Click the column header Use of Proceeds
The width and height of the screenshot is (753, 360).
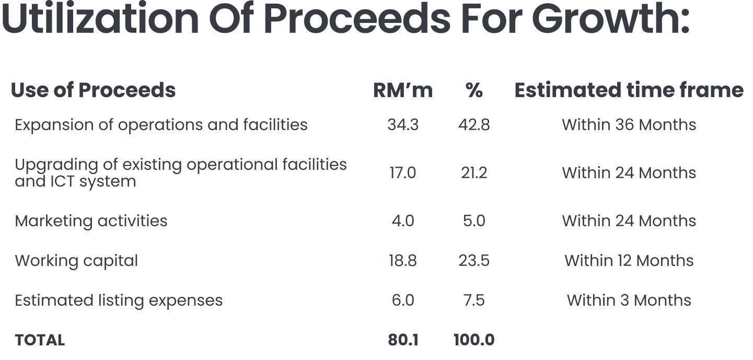pyautogui.click(x=93, y=90)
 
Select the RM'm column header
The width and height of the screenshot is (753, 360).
pyautogui.click(x=402, y=90)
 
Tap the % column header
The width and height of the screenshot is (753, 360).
pyautogui.click(x=474, y=90)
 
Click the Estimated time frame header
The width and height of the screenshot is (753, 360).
pyautogui.click(x=629, y=90)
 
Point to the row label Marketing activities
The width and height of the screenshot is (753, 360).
pyautogui.click(x=91, y=221)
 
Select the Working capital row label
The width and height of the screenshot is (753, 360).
pyautogui.click(x=76, y=261)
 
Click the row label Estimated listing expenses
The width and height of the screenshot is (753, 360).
pyautogui.click(x=119, y=300)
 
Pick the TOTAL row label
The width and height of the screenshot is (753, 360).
pyautogui.click(x=40, y=340)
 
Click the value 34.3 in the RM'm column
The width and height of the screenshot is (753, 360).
pyautogui.click(x=403, y=125)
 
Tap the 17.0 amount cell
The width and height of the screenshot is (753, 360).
pyautogui.click(x=403, y=173)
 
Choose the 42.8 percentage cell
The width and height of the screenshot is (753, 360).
pyautogui.click(x=474, y=125)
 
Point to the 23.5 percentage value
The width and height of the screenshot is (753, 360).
pyautogui.click(x=474, y=261)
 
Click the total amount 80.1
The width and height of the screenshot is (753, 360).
pyautogui.click(x=403, y=340)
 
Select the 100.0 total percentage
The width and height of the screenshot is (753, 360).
pyautogui.click(x=474, y=340)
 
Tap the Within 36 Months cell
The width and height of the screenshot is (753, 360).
pyautogui.click(x=629, y=125)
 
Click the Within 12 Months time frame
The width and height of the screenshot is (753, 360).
pyautogui.click(x=629, y=261)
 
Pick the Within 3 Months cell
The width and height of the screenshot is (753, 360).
pyautogui.click(x=629, y=300)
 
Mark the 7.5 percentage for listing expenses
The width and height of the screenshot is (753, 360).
pyautogui.click(x=474, y=300)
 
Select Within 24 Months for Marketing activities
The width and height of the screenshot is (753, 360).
pyautogui.click(x=629, y=221)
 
